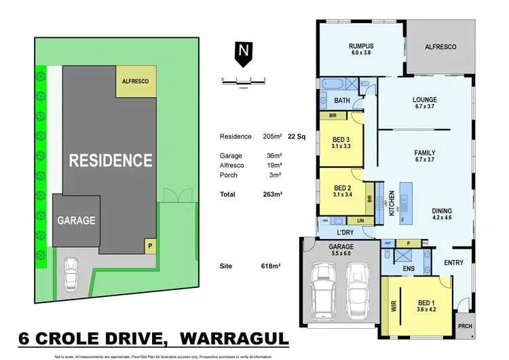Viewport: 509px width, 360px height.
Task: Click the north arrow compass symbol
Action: pos(242,55)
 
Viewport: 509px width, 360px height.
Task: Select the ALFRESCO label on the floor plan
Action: pos(440,47)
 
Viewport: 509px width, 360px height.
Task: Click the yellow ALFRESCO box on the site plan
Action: pos(136,82)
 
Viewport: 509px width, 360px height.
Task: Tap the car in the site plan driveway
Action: pos(71,276)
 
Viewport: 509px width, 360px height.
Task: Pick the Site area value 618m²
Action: pos(271,266)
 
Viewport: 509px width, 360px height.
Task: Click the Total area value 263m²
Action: pos(271,194)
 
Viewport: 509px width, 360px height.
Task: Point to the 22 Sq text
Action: pos(297,137)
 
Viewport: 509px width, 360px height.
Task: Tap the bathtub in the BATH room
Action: pos(335,86)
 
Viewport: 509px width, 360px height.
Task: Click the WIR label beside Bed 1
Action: pos(392,306)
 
